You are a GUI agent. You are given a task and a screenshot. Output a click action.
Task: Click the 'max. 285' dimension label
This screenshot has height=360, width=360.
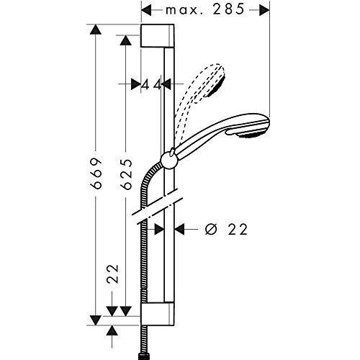(x=204, y=9)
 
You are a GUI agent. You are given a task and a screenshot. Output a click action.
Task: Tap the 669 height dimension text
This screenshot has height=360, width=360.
(x=97, y=173)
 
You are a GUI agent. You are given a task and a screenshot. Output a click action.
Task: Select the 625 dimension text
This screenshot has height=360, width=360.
(x=127, y=174)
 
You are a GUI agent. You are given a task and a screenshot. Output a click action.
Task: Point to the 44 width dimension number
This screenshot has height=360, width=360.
(x=151, y=84)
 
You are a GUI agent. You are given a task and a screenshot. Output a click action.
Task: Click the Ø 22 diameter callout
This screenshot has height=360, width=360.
(x=226, y=230)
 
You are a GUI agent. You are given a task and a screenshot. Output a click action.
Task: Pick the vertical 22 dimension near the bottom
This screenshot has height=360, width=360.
(x=113, y=274)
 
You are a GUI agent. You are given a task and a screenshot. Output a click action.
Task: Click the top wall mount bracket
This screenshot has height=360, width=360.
(x=157, y=35)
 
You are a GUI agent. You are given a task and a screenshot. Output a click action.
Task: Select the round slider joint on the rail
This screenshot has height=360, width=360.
(x=169, y=161)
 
